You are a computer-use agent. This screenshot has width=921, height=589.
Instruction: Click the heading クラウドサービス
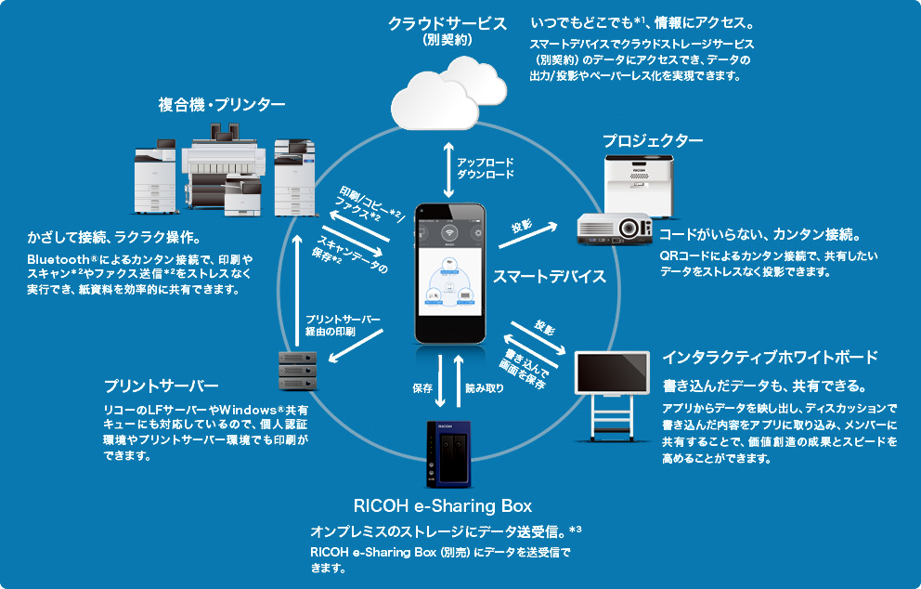(447, 22)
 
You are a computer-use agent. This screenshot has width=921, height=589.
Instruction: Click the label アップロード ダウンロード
(485, 166)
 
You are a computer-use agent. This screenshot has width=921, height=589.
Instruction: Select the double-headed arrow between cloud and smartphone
(449, 169)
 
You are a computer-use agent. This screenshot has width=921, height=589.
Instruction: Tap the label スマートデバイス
(549, 276)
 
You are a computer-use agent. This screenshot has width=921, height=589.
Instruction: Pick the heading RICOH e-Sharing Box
(443, 505)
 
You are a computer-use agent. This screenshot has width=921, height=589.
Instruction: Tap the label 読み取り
(485, 387)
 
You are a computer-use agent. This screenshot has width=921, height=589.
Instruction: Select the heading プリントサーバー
(162, 385)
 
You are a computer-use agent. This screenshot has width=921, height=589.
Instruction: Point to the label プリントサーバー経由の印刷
(344, 325)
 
